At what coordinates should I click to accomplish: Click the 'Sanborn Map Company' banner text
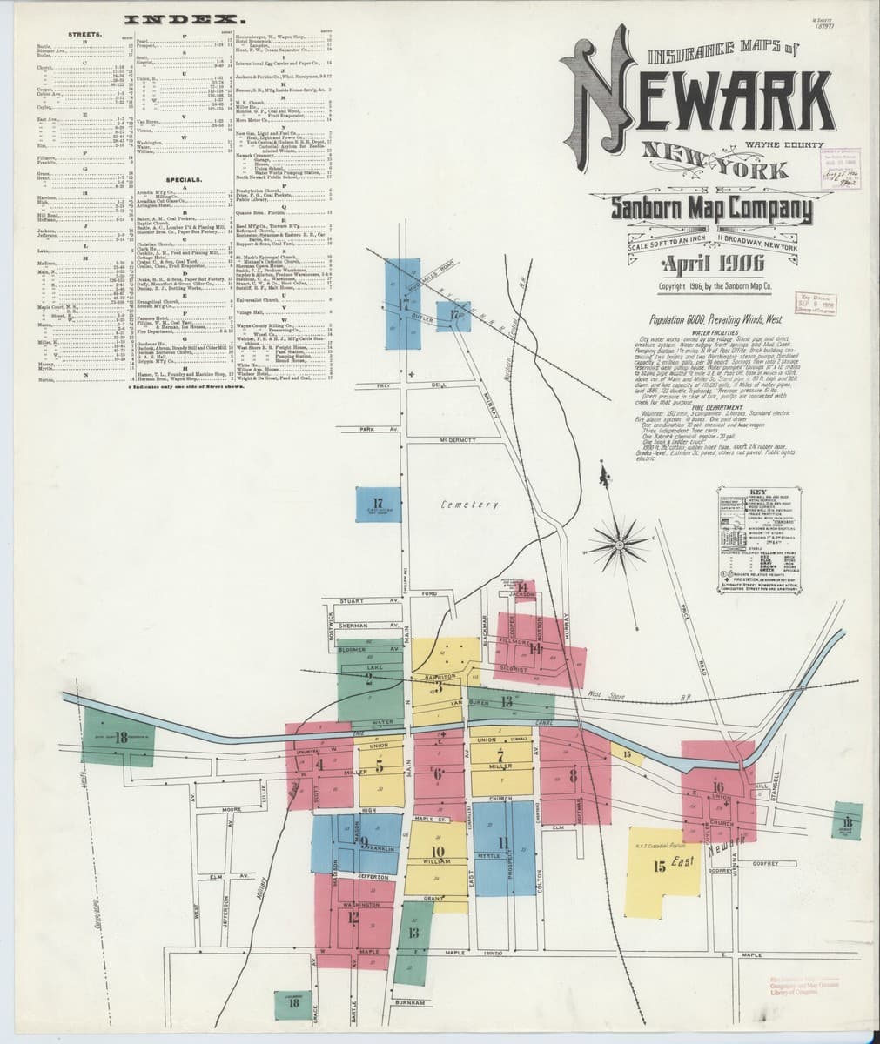(711, 210)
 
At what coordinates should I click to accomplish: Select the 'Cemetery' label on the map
(469, 505)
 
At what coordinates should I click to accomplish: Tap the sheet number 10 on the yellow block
(437, 851)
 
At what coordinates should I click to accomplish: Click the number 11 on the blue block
(503, 841)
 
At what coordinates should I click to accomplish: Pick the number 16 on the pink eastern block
(718, 788)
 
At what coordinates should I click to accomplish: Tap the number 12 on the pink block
(353, 915)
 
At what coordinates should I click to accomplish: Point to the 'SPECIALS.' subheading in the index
(190, 179)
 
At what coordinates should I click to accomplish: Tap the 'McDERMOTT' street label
(457, 441)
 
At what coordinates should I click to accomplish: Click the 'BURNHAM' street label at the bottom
(408, 1003)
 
